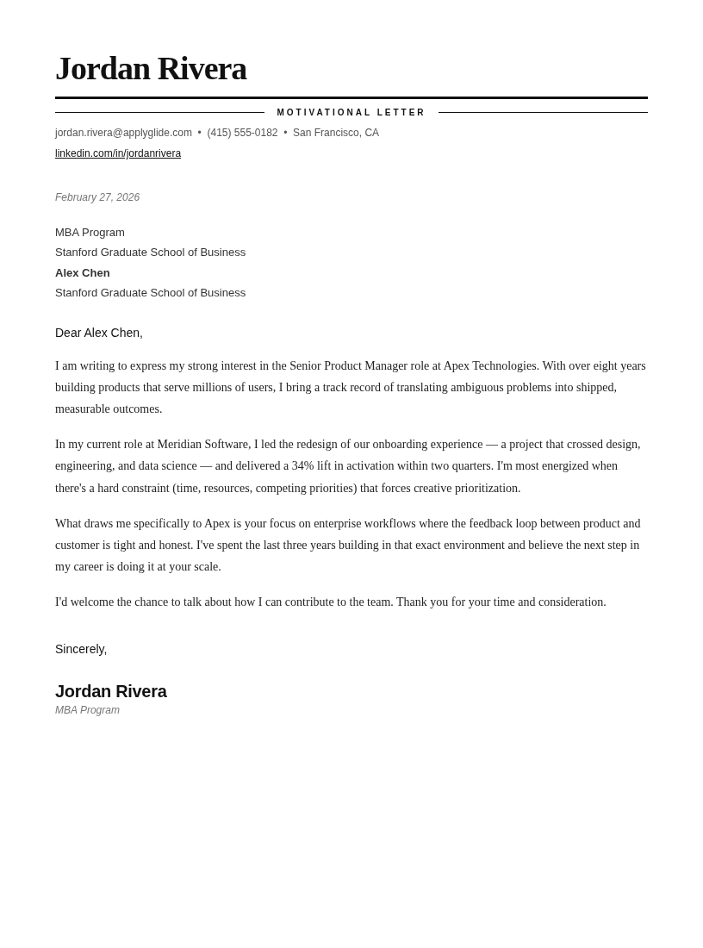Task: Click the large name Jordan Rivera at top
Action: [x=151, y=69]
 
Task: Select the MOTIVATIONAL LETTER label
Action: [x=351, y=113]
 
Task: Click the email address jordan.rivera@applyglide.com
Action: [x=123, y=133]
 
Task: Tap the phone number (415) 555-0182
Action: [x=242, y=133]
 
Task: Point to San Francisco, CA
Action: [x=336, y=133]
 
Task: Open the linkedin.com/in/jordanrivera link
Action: [x=118, y=153]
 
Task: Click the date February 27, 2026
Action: [x=97, y=197]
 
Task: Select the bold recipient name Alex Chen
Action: [x=83, y=273]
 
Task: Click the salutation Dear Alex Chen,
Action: [x=99, y=333]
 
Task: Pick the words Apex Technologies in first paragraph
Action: [x=490, y=365]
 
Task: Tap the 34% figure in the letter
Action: [x=302, y=465]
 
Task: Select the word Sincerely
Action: [x=80, y=649]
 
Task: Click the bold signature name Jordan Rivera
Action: [x=111, y=691]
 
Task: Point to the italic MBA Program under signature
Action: [x=87, y=710]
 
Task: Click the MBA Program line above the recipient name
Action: [x=90, y=233]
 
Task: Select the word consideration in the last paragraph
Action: [x=571, y=602]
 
